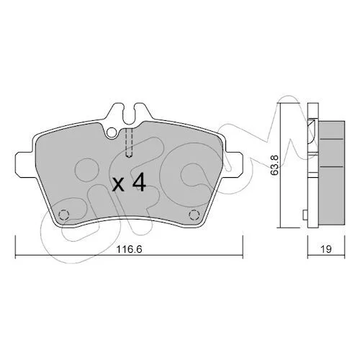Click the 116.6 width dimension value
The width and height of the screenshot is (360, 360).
[x=129, y=249]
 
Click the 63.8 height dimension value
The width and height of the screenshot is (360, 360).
[x=275, y=165]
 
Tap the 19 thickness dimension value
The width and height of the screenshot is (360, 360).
[x=326, y=249]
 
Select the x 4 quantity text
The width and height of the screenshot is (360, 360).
[x=129, y=182]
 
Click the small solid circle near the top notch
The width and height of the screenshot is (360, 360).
[x=112, y=132]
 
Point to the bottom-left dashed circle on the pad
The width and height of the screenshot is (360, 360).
[x=64, y=215]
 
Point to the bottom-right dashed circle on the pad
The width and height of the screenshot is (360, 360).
[x=194, y=215]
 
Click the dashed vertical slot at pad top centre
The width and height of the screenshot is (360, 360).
[x=129, y=143]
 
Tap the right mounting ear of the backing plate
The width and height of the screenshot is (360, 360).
[x=233, y=164]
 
